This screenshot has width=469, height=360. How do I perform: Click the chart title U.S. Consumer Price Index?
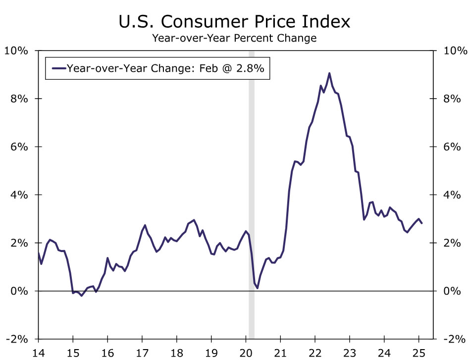click(234, 22)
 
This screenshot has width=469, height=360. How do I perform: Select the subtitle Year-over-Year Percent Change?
click(234, 38)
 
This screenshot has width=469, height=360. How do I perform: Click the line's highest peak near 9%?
click(329, 73)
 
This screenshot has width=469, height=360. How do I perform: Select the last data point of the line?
click(422, 223)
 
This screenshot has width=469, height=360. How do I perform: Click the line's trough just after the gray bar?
click(258, 288)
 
